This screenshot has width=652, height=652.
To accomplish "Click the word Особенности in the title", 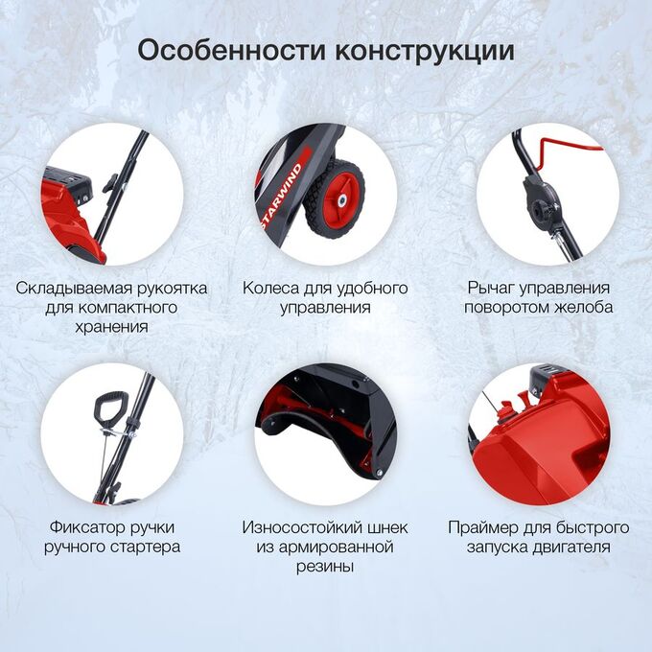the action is coord(232,51).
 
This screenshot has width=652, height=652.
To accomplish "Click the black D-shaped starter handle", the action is coord(107,406).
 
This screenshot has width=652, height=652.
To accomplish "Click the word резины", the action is coord(325,567).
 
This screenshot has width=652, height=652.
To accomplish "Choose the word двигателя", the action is coord(574,547).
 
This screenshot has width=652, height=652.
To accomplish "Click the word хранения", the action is coord(111,327).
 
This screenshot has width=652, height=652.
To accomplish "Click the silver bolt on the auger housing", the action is coord(379,472).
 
